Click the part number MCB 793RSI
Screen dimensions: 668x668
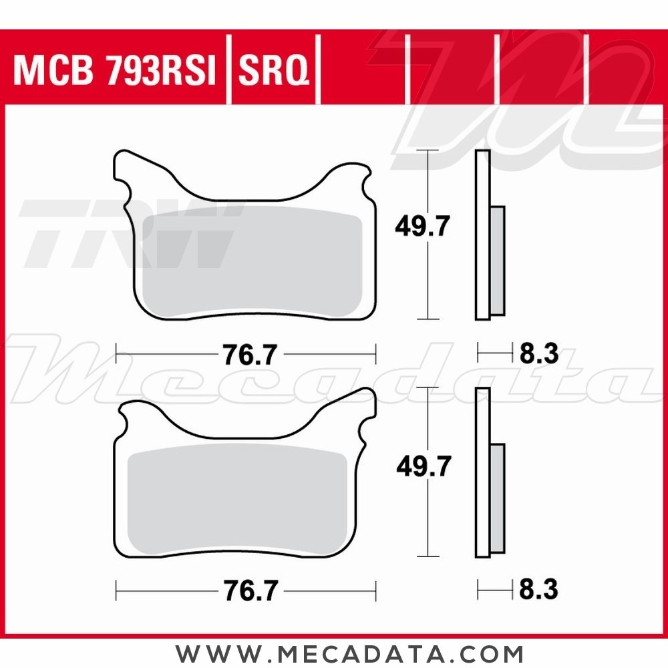tap(115, 71)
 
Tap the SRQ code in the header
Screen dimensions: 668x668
tap(274, 71)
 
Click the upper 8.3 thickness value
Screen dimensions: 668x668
tap(538, 354)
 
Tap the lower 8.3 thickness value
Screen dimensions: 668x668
tap(538, 590)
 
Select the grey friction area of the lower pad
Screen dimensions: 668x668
tap(237, 498)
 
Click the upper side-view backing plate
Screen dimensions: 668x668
tap(482, 234)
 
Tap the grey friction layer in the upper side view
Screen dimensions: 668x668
tap(498, 261)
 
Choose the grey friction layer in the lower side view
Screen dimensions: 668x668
tap(498, 498)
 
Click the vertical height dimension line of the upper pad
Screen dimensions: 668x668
tap(428, 281)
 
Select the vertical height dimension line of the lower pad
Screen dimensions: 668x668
tap(428, 521)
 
